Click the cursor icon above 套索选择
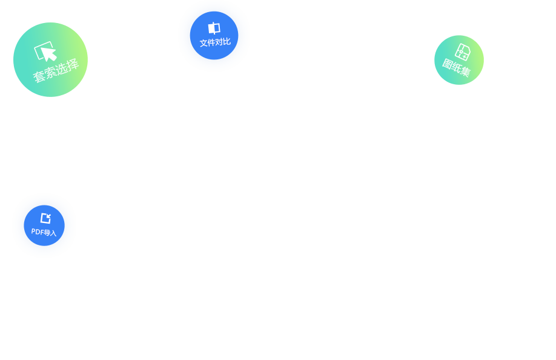click(x=46, y=52)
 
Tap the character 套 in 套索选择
click(x=38, y=77)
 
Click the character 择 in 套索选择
click(x=72, y=63)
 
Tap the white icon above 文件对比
click(x=214, y=28)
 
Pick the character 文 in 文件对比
click(x=204, y=44)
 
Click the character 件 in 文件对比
click(x=211, y=43)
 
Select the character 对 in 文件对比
click(x=219, y=42)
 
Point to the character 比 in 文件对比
click(x=227, y=41)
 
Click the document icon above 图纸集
click(x=463, y=52)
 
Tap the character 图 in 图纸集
click(x=447, y=63)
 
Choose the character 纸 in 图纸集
click(x=456, y=67)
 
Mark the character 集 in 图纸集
click(x=465, y=72)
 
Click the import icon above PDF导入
click(x=45, y=218)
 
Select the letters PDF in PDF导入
click(x=37, y=231)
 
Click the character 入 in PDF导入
click(x=53, y=233)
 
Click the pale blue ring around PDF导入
click(x=18, y=225)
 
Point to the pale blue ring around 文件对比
click(x=184, y=35)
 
